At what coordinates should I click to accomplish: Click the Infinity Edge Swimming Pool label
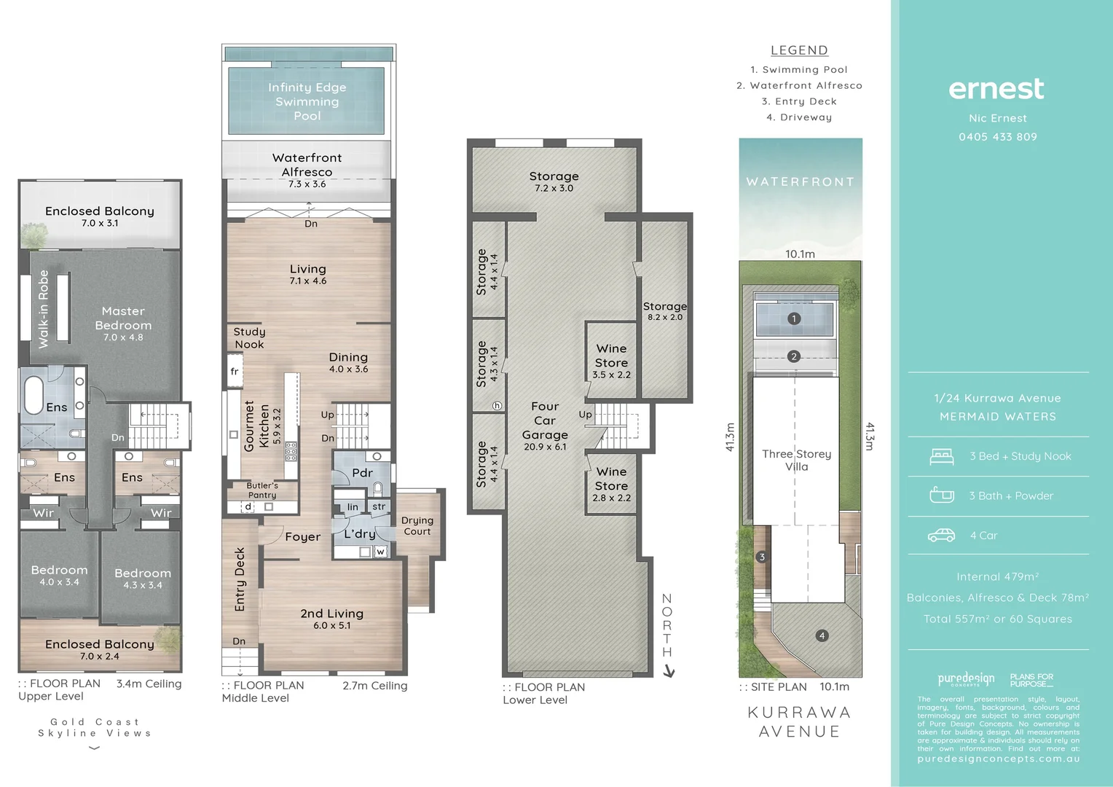pyautogui.click(x=307, y=101)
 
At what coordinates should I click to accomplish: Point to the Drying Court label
pyautogui.click(x=417, y=525)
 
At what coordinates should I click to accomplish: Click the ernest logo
pyautogui.click(x=996, y=89)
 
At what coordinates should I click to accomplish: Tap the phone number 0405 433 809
pyautogui.click(x=997, y=137)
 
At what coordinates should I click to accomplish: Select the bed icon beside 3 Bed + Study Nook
pyautogui.click(x=942, y=456)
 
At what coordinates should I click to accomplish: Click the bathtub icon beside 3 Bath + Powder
pyautogui.click(x=942, y=496)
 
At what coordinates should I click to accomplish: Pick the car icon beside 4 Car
pyautogui.click(x=941, y=536)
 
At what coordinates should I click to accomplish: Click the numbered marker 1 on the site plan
pyautogui.click(x=794, y=318)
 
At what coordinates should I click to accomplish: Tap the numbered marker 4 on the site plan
pyautogui.click(x=822, y=635)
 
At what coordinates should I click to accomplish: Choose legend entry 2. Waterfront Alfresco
pyautogui.click(x=799, y=85)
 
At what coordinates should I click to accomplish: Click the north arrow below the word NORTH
pyautogui.click(x=669, y=672)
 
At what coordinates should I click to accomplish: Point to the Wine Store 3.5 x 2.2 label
pyautogui.click(x=611, y=361)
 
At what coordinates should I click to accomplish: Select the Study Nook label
pyautogui.click(x=249, y=337)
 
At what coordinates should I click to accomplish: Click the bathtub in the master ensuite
pyautogui.click(x=34, y=395)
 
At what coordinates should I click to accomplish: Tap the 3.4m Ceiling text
pyautogui.click(x=149, y=684)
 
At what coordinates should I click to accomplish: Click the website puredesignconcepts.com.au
pyautogui.click(x=998, y=759)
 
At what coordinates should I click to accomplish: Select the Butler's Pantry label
pyautogui.click(x=262, y=490)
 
